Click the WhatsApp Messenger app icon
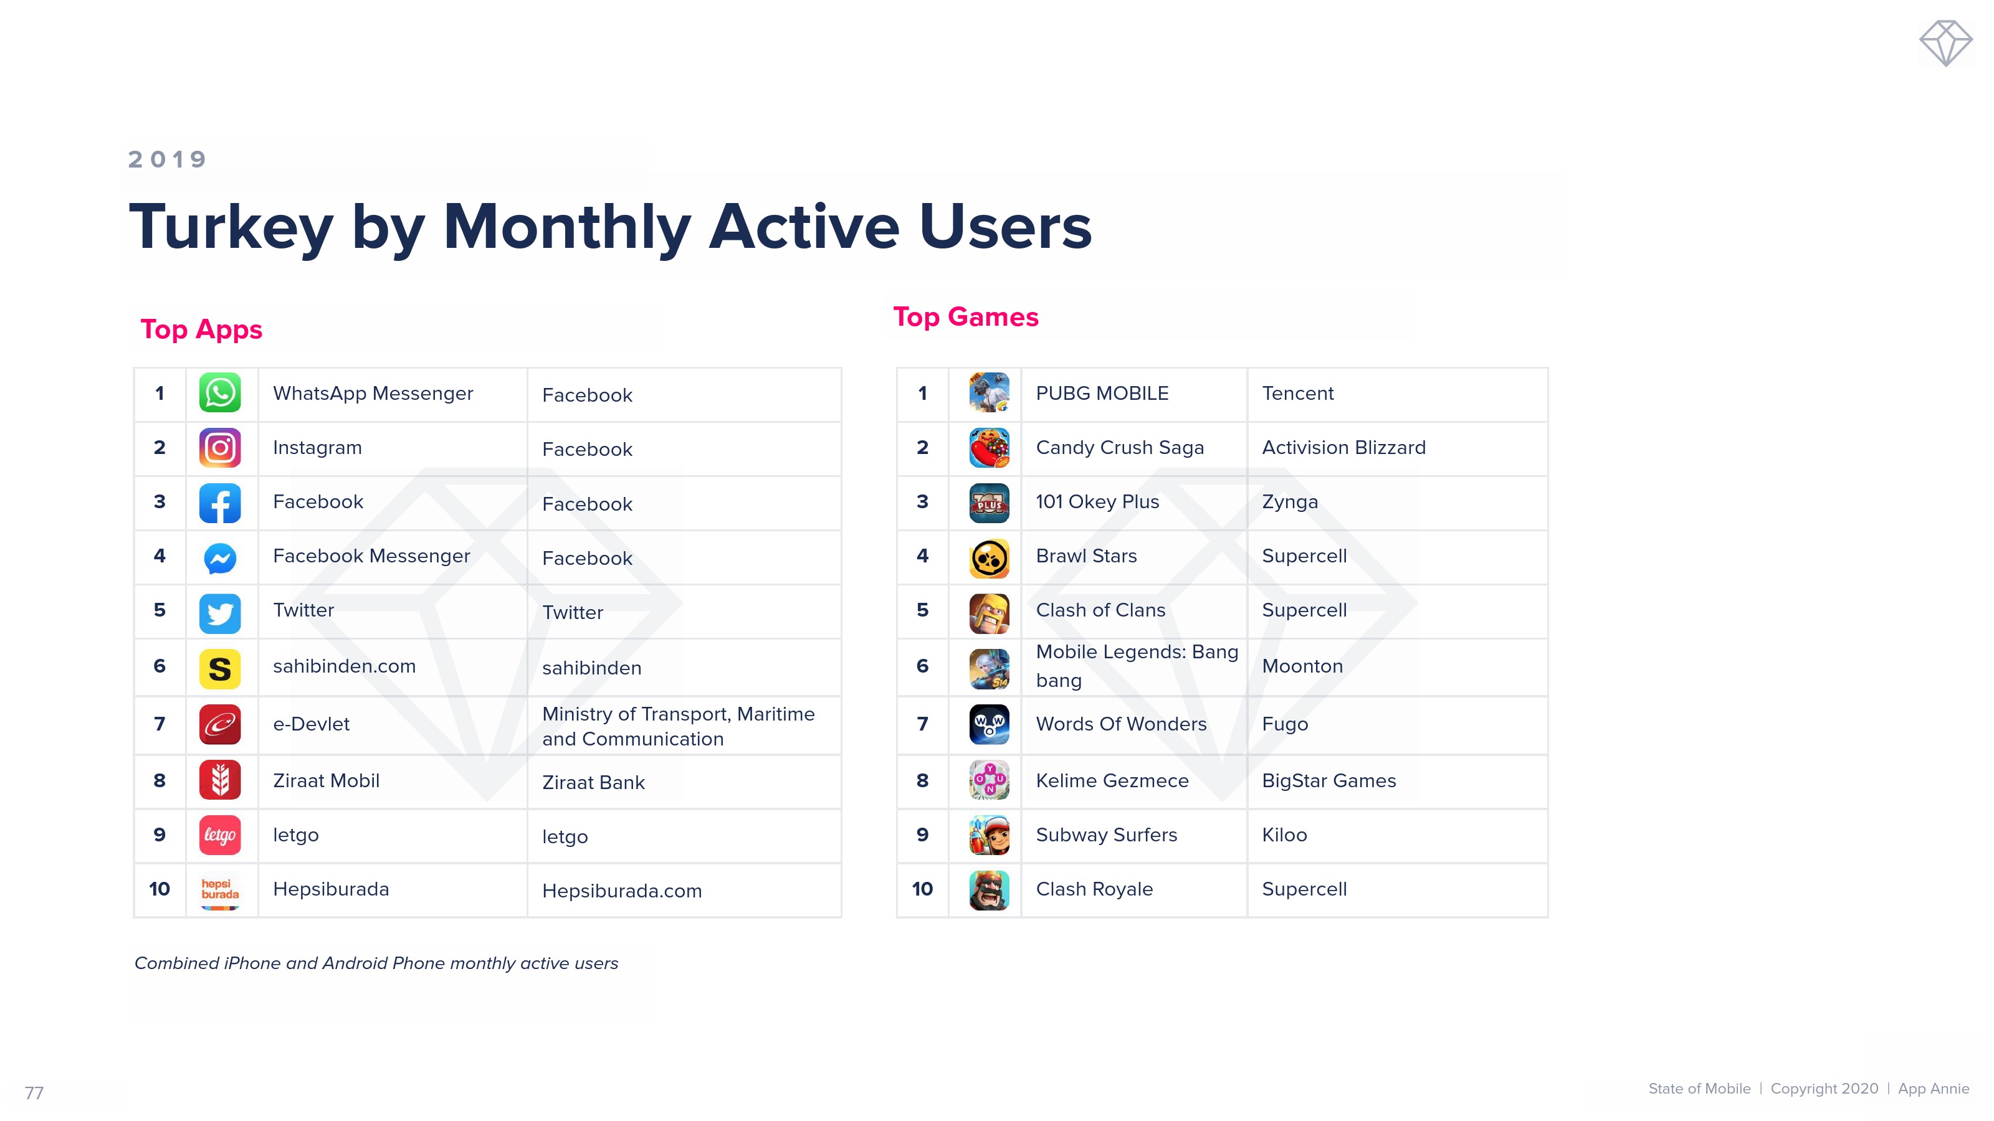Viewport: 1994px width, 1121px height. pos(220,393)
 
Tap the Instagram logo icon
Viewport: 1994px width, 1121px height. pos(220,448)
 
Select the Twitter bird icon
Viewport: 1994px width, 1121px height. pos(220,613)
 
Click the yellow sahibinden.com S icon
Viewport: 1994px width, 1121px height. pos(220,668)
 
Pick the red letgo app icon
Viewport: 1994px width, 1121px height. pos(220,835)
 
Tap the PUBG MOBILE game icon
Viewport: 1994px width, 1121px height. pos(990,393)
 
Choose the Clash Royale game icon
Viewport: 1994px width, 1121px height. pos(990,890)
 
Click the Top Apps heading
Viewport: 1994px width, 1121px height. pos(201,329)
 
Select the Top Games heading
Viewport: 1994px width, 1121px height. pos(966,317)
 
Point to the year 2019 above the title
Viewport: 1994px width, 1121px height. pos(167,159)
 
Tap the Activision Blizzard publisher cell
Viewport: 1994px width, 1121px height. pos(1344,448)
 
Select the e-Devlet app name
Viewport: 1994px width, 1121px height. pos(311,724)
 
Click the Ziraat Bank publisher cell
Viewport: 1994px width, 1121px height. pos(593,783)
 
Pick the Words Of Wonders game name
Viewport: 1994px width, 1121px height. pos(1121,724)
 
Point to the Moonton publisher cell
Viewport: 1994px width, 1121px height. pos(1302,666)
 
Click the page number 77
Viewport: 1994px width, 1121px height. pos(34,1093)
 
